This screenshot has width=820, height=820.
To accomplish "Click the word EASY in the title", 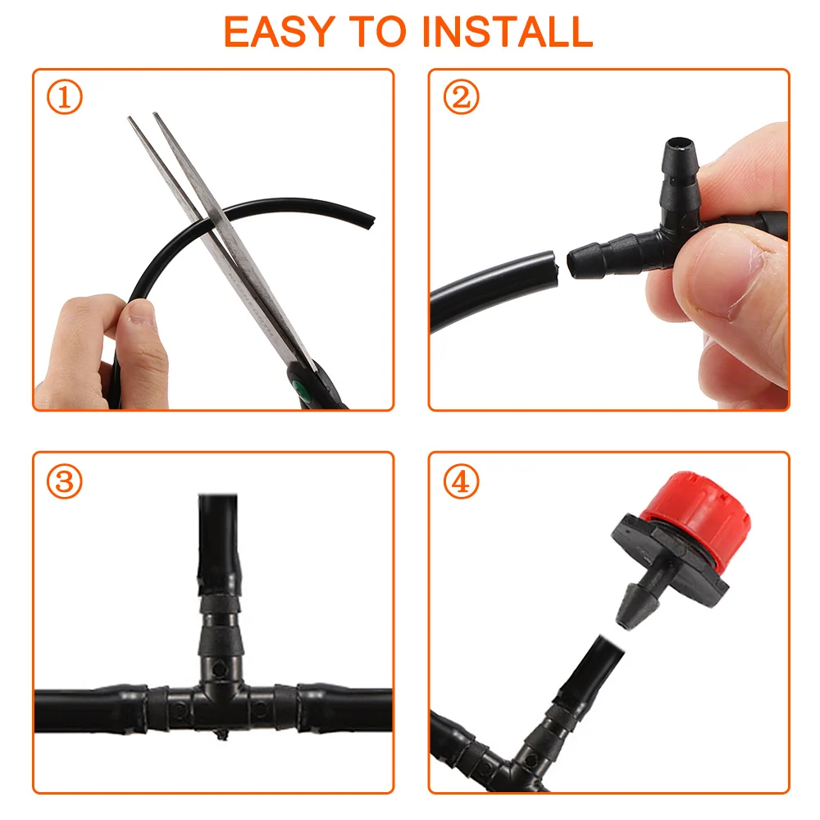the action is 280,32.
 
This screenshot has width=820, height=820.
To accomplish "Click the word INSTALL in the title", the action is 508,32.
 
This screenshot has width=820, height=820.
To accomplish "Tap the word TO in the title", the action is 379,32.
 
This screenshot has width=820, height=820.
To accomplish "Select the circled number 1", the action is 64,97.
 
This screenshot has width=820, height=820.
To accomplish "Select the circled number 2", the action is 461,97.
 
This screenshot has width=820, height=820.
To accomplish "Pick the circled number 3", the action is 64,481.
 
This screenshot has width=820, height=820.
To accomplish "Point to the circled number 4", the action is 461,481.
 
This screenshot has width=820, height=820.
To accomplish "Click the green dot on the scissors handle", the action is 301,388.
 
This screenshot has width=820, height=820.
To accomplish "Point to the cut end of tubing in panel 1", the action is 371,223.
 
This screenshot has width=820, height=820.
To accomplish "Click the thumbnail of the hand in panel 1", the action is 142,312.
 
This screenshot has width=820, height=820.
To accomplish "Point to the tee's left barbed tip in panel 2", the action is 576,263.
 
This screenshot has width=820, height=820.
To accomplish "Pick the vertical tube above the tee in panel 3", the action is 219,544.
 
